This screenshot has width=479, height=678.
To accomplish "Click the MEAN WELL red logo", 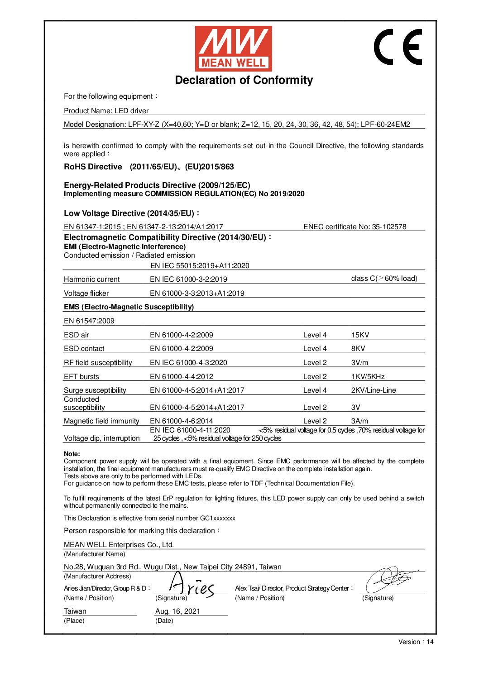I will pyautogui.click(x=233, y=48).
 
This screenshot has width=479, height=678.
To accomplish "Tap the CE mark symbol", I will pyautogui.click(x=398, y=47).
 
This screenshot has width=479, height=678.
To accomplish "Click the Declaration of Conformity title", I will pyautogui.click(x=244, y=80).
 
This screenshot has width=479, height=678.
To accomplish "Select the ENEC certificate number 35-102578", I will pyautogui.click(x=354, y=226).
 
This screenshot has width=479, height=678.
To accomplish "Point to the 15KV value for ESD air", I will pyautogui.click(x=360, y=335).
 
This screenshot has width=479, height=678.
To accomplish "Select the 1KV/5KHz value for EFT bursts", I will pyautogui.click(x=368, y=377).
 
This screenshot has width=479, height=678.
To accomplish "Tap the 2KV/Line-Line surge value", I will pyautogui.click(x=373, y=390).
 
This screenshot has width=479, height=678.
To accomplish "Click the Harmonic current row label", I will pyautogui.click(x=91, y=279).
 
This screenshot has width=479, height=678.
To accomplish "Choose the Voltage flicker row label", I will pyautogui.click(x=86, y=293).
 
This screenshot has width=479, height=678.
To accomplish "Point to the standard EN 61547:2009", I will pyautogui.click(x=89, y=321).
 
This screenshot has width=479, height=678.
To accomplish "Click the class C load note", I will pyautogui.click(x=384, y=279).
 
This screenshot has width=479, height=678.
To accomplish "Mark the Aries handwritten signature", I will pyautogui.click(x=190, y=586).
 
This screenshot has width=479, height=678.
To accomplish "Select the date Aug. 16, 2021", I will pyautogui.click(x=177, y=611).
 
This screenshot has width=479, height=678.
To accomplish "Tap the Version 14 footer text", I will pyautogui.click(x=416, y=642).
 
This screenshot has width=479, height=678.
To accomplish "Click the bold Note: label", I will pyautogui.click(x=72, y=454).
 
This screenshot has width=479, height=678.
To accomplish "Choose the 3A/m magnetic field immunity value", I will pyautogui.click(x=359, y=421).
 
